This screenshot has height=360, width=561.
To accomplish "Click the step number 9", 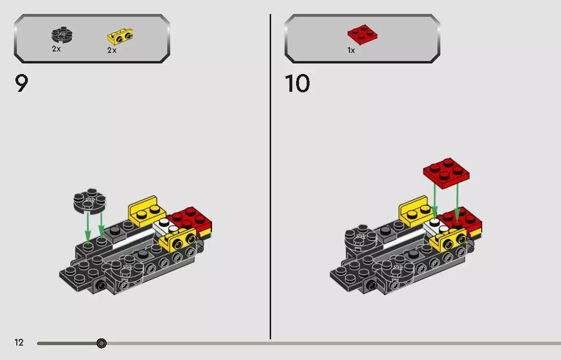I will [22, 84].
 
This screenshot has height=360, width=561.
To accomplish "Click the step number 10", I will [298, 84].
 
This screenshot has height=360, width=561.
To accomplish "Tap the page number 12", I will [19, 343].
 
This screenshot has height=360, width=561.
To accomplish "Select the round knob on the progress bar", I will [101, 343].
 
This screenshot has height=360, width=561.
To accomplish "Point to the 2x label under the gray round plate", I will [57, 49].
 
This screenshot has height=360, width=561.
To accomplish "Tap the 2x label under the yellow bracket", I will [112, 50].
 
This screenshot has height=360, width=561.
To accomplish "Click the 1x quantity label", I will [351, 50].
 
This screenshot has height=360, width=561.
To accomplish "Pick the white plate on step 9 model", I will [164, 225].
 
